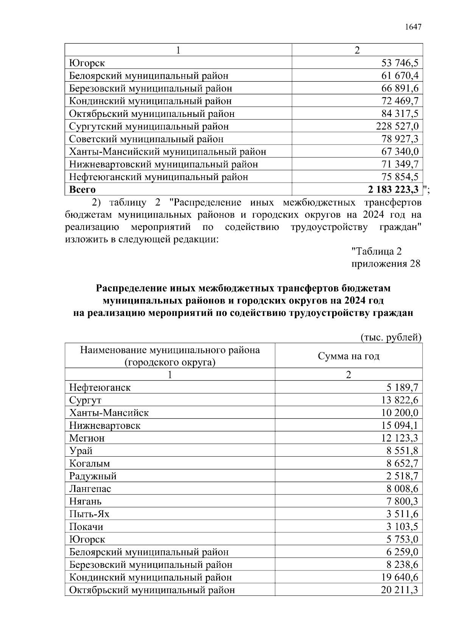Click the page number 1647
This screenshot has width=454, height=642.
(413, 27)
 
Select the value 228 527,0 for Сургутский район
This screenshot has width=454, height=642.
(397, 126)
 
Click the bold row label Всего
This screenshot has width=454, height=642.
(82, 189)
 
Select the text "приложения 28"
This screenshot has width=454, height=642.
(386, 264)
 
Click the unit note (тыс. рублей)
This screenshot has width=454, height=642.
(391, 337)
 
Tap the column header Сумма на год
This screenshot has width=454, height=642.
(348, 356)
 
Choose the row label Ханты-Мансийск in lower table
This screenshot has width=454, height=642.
(109, 413)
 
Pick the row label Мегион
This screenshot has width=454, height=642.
(87, 438)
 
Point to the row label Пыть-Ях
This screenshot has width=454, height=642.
(89, 514)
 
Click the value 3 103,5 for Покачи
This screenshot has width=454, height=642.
(402, 527)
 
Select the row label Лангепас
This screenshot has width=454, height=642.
(90, 489)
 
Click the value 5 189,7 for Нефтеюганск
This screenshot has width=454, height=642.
(402, 387)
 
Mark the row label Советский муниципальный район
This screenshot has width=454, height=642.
(146, 139)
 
